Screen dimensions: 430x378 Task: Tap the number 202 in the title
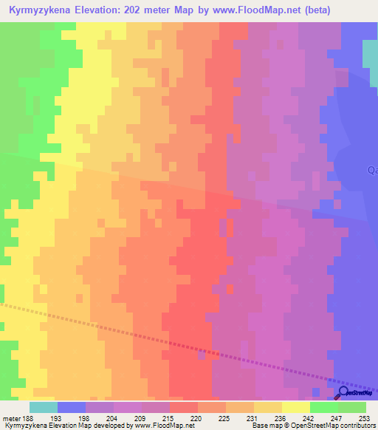(148, 10)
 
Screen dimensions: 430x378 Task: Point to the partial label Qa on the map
(372, 170)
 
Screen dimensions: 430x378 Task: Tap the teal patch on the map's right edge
(370, 53)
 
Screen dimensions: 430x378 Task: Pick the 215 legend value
(170, 417)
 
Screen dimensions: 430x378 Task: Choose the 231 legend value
(254, 417)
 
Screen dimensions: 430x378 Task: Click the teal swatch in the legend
(44, 407)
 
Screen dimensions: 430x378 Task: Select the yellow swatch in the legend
(295, 407)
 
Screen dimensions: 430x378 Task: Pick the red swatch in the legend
(183, 407)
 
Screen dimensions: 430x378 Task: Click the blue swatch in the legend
(72, 407)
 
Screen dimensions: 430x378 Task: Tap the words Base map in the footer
(263, 426)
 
